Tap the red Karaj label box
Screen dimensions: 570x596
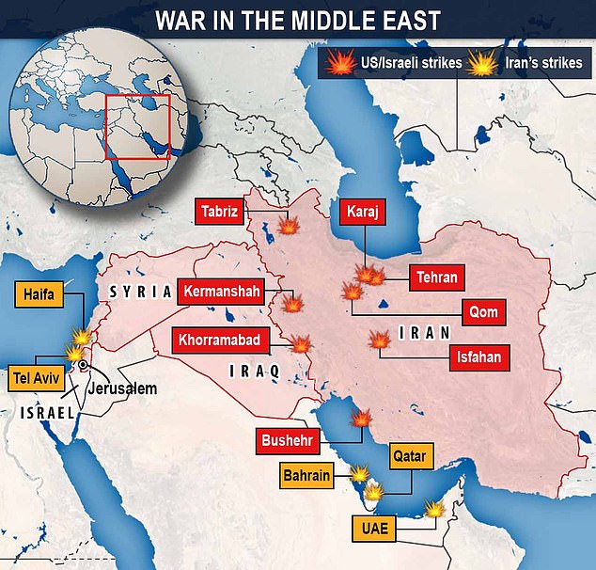(x=362, y=212)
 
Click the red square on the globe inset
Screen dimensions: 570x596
(x=137, y=126)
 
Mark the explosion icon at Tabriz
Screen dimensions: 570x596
(x=290, y=227)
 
